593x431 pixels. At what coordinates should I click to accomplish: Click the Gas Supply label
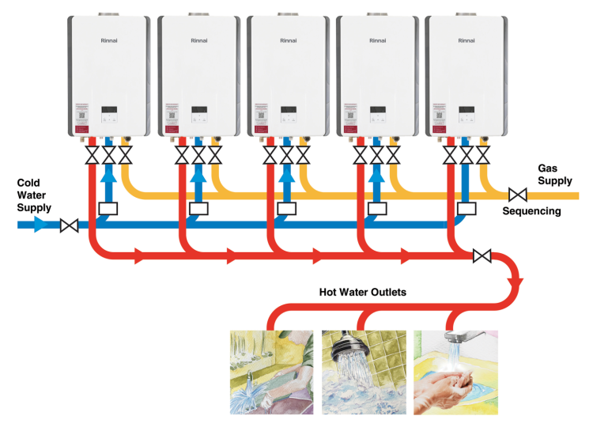pos(553,174)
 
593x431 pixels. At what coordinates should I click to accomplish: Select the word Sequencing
pos(531,211)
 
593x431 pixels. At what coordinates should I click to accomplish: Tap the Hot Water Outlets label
pos(362,292)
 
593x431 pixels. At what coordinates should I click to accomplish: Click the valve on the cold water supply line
pos(70,226)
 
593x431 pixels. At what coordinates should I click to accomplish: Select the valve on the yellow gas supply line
pos(518,195)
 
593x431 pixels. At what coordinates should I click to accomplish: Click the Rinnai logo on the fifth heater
pos(466,39)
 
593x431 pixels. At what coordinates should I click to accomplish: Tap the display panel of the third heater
pos(287,110)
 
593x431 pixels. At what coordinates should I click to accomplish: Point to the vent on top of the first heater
pos(108,13)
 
